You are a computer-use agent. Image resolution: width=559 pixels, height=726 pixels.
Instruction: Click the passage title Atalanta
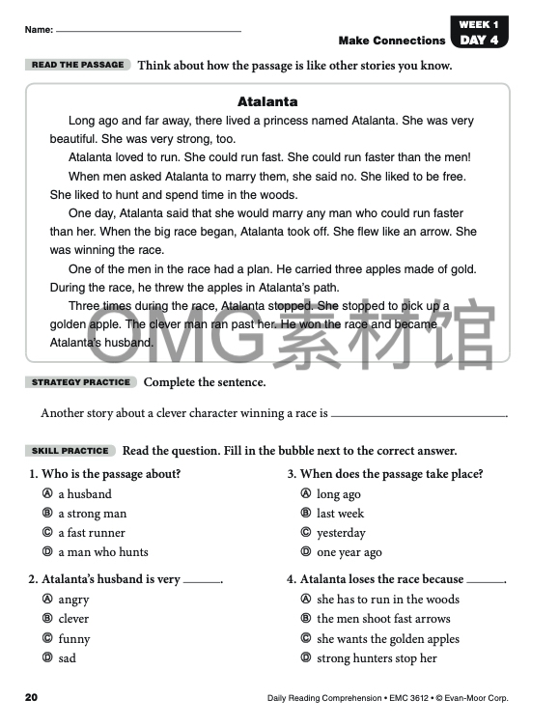click(267, 101)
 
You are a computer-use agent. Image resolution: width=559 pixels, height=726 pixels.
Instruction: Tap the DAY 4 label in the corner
click(479, 40)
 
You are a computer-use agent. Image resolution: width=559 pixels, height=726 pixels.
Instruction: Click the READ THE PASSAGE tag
click(77, 65)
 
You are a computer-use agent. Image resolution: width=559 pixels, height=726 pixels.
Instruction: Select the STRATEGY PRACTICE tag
click(82, 382)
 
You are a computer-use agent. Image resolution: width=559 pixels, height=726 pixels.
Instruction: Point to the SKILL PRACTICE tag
click(71, 451)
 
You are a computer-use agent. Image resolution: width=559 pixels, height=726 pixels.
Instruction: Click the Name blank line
click(149, 30)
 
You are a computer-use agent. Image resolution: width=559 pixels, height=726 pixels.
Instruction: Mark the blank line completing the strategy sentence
click(417, 414)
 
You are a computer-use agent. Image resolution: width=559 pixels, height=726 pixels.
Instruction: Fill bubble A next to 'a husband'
click(46, 494)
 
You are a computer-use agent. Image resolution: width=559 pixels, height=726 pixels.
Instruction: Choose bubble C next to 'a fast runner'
click(46, 533)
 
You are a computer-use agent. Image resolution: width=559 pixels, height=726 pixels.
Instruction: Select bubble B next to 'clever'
click(46, 619)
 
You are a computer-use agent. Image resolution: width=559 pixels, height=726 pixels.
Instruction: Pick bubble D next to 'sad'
click(46, 658)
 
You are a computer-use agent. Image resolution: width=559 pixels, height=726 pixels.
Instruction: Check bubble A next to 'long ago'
click(305, 494)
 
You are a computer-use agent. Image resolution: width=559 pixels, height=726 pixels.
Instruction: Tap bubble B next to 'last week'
click(305, 514)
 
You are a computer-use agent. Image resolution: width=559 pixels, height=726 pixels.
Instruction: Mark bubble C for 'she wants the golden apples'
click(305, 638)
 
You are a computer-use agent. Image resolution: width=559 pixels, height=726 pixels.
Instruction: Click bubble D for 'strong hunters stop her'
click(305, 658)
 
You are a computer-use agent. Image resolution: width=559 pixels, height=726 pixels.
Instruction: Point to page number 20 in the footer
click(31, 697)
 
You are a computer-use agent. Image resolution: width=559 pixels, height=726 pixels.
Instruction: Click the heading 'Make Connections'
click(392, 41)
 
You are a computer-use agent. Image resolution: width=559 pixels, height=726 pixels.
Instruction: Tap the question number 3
click(292, 474)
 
